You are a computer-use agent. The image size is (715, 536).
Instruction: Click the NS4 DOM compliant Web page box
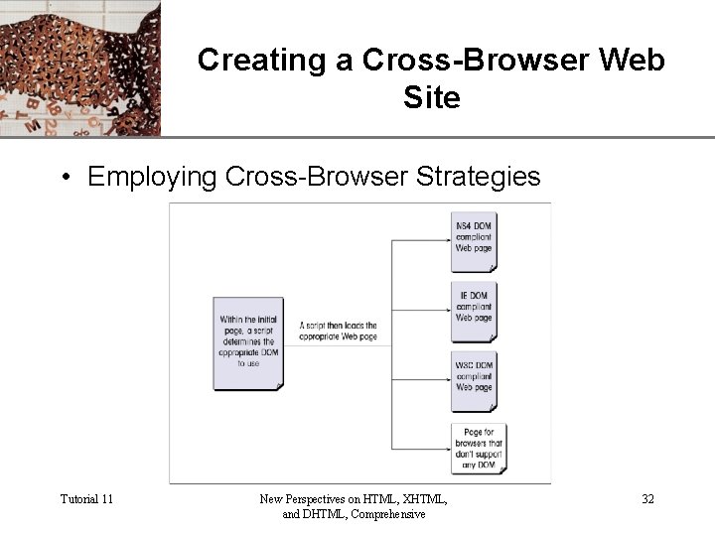[475, 241]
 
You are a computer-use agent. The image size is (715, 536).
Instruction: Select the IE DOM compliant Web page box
[475, 312]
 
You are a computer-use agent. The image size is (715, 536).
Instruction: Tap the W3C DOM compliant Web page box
[475, 381]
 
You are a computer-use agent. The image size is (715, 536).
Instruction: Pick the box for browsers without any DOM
[479, 449]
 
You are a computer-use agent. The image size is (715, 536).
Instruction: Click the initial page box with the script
[248, 342]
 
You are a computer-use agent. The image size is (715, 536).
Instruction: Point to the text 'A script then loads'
[338, 326]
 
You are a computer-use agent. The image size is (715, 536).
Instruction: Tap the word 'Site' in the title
[432, 98]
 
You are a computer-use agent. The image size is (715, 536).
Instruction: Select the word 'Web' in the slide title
[634, 61]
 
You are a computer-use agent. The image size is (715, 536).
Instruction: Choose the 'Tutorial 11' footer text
[86, 498]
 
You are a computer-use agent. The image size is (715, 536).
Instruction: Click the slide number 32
[647, 498]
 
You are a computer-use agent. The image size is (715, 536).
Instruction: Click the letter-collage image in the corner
[79, 67]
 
